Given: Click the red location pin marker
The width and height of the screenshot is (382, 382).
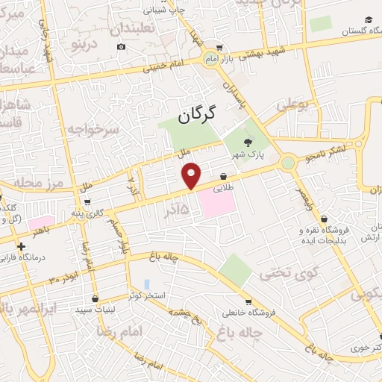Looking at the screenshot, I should (x=192, y=175).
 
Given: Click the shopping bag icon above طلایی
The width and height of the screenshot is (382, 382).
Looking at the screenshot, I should (x=223, y=176).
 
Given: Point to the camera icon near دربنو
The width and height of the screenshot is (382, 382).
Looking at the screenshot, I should (x=122, y=47).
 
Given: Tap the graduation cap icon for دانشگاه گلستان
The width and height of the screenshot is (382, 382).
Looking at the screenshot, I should (x=369, y=20).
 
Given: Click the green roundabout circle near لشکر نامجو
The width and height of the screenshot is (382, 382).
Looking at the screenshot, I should (x=288, y=162).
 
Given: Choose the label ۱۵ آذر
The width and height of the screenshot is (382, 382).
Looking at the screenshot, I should (x=179, y=210).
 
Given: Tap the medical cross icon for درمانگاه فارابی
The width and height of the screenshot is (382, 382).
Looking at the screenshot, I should (x=22, y=245).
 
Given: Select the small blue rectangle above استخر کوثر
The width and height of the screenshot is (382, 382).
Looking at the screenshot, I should (x=146, y=284).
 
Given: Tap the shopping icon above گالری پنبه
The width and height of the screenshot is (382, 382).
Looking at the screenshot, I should (x=88, y=201).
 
